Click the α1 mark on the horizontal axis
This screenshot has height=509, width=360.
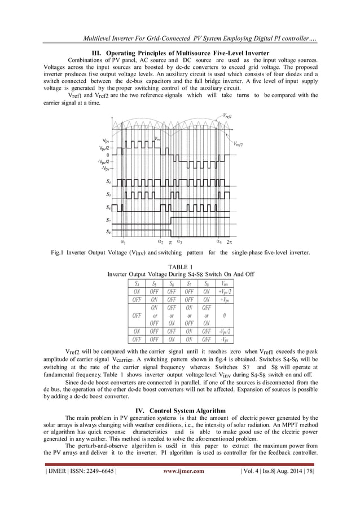(x=123, y=242)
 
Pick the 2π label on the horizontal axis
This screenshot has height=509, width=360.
(x=230, y=243)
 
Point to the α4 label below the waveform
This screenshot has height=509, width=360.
(x=219, y=242)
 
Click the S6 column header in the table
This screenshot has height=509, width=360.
(x=171, y=283)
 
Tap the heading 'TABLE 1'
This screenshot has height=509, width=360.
(x=181, y=266)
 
